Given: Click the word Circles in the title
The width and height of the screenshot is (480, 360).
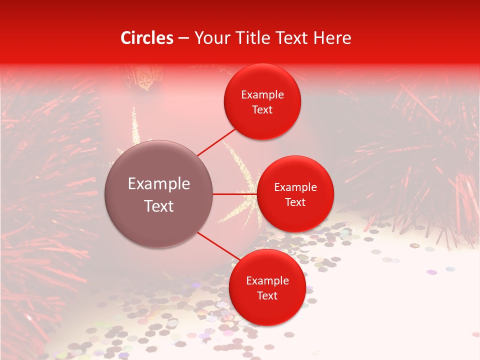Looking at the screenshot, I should tap(147, 38).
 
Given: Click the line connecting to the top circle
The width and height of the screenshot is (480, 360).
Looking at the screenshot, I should tap(216, 141).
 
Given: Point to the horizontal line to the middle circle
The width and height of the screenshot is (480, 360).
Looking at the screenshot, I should tap(234, 194).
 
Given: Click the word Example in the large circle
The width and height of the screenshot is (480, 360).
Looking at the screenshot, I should tap(159, 184).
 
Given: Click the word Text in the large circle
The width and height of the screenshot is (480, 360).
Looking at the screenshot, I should tap(159, 206).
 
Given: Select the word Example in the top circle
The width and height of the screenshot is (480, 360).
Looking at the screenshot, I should tap(262, 94).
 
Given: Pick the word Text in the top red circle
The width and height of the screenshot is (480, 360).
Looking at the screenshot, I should tap(262, 109).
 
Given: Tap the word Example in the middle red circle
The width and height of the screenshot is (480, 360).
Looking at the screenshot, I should tap(295, 187).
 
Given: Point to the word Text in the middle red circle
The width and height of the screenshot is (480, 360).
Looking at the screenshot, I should tap(295, 202).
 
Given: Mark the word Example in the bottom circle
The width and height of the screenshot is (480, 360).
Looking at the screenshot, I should tap(267, 280).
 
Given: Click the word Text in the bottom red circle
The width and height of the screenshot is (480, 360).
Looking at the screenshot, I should tap(267, 295).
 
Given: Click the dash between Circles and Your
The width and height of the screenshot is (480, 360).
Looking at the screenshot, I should tap(183, 38).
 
